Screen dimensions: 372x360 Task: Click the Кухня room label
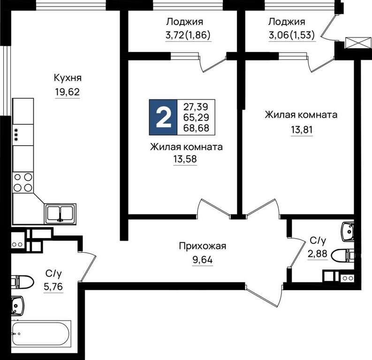[x=68, y=78]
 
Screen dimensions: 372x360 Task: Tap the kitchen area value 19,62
[x=68, y=92]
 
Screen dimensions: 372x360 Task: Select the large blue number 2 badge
[x=163, y=117]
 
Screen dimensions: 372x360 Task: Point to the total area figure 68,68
[x=196, y=128]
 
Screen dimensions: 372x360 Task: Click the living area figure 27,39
[x=196, y=107]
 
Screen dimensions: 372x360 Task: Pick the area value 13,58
[x=185, y=159]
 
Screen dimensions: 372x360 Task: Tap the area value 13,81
[x=302, y=130]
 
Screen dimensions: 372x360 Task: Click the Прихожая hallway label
[x=203, y=246]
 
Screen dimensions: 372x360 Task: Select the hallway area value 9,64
[x=203, y=260]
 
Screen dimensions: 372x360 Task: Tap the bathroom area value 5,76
[x=53, y=287]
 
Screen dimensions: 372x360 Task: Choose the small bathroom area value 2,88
[x=318, y=254]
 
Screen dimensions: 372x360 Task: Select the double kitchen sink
[x=60, y=213]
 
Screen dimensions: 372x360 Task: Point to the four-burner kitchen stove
[x=23, y=182]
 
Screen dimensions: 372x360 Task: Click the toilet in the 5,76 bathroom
[x=22, y=282]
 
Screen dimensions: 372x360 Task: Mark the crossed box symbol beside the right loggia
[x=358, y=43]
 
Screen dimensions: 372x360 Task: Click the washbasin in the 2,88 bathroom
[x=348, y=232]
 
